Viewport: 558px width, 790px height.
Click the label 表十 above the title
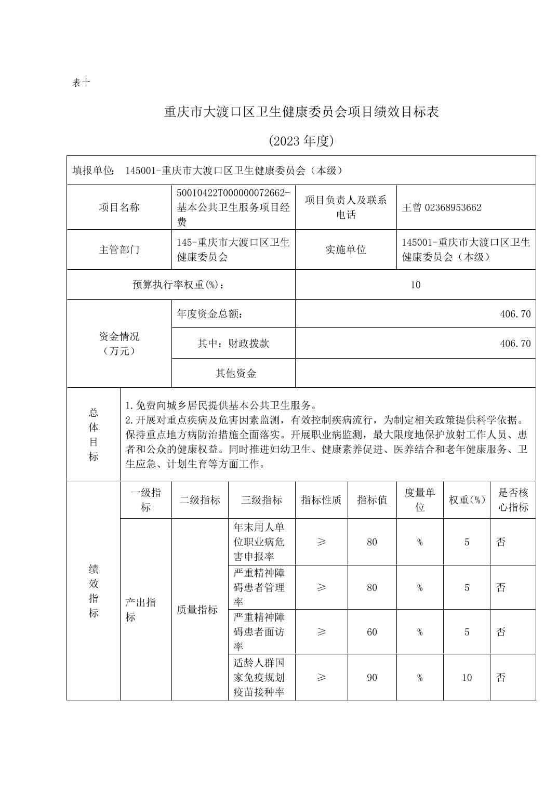[81, 83]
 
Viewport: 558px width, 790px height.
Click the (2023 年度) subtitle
[301, 141]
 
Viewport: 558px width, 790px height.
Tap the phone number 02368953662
[453, 207]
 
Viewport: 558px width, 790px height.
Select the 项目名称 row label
[119, 207]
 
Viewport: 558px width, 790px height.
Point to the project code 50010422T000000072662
[233, 193]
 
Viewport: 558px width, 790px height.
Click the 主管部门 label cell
[119, 249]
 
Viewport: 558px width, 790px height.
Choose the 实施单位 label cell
[346, 249]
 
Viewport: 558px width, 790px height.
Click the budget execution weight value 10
[415, 285]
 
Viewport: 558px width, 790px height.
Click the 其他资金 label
[236, 373]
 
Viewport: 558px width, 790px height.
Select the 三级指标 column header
[261, 500]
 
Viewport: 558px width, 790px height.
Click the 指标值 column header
[372, 500]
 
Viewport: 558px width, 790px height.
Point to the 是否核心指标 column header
[513, 500]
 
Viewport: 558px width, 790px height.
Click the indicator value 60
[372, 632]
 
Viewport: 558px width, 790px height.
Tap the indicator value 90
[372, 678]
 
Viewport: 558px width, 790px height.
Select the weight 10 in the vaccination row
[467, 678]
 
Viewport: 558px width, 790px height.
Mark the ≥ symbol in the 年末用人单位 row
[321, 542]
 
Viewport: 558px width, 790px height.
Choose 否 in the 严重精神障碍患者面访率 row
[501, 632]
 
